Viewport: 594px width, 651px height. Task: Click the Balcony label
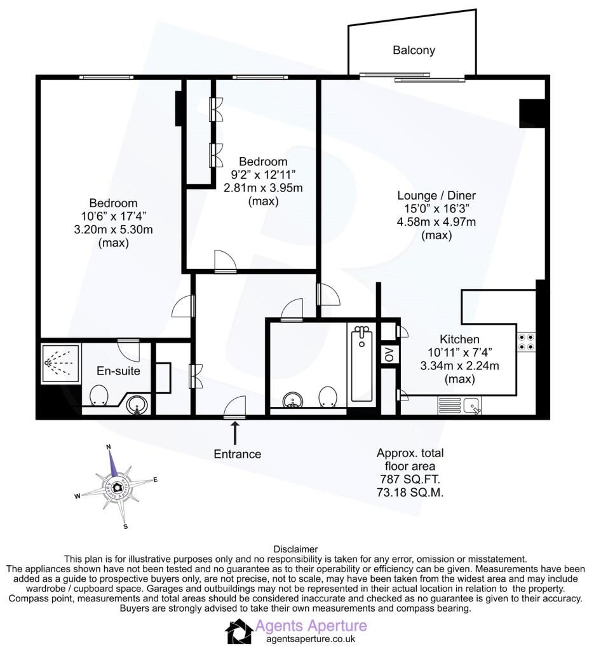414,50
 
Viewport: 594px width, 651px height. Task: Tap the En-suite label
118,371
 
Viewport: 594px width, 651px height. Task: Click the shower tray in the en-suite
60,363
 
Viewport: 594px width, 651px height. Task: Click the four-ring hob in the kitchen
526,342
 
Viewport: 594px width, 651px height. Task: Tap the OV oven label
389,355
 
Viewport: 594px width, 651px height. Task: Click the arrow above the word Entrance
235,433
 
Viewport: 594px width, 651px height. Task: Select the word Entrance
237,454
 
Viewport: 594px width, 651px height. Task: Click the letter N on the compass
109,447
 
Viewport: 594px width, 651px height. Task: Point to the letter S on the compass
125,527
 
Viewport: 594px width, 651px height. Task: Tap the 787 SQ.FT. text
410,479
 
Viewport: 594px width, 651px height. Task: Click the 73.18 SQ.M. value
410,493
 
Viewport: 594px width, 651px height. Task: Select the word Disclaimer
295,550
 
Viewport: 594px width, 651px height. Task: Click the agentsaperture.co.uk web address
311,640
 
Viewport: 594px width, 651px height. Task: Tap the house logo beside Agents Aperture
240,631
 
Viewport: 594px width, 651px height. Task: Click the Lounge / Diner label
436,196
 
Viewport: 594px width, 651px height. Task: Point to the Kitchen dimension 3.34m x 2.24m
459,366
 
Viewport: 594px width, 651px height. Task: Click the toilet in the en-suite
98,395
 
